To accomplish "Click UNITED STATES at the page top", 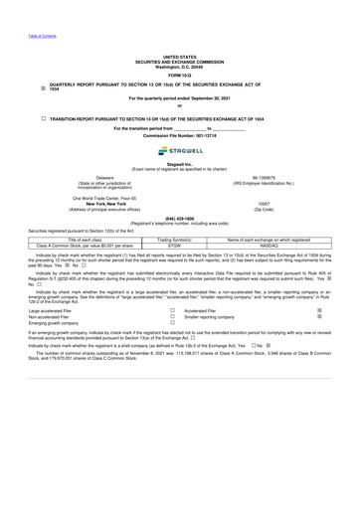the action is [x=179, y=58].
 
